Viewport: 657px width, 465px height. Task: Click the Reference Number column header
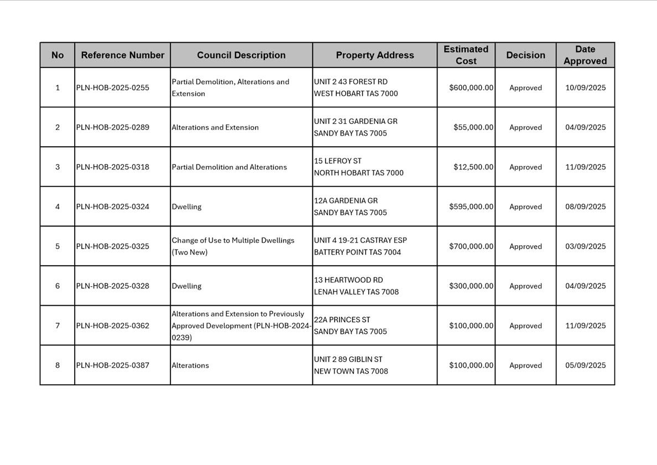click(122, 55)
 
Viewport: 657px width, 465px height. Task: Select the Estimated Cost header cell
click(466, 55)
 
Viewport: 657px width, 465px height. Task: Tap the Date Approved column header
click(585, 55)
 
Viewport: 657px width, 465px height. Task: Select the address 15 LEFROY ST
click(338, 161)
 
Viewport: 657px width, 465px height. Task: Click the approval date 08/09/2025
click(585, 206)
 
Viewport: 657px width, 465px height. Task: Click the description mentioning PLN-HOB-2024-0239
click(241, 325)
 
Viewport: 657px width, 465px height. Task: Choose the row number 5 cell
click(58, 246)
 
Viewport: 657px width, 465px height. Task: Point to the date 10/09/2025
click(585, 87)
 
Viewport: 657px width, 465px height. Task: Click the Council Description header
click(241, 55)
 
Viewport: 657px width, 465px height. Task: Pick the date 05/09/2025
click(585, 365)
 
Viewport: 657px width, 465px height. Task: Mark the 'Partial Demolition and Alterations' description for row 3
click(229, 167)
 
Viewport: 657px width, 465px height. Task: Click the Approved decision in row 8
click(525, 365)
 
